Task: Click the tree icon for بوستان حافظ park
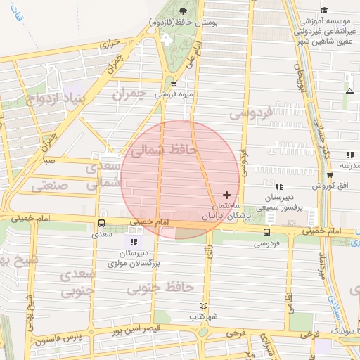point(184,11)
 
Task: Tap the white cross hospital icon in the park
point(167,39)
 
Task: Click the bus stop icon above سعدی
point(102,224)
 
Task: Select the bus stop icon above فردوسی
point(266,232)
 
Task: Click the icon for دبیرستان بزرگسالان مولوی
point(134,242)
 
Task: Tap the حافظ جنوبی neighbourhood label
point(160,288)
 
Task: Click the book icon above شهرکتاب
point(203,306)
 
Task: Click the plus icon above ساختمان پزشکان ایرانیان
point(226,194)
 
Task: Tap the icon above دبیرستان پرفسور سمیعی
point(279,187)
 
